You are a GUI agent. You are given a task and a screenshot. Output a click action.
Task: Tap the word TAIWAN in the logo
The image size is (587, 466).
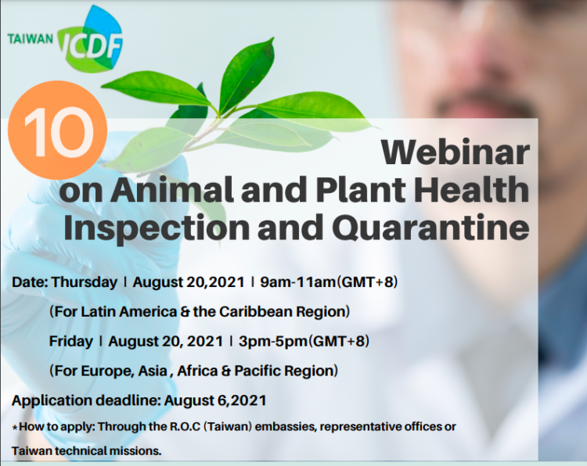pyautogui.click(x=31, y=38)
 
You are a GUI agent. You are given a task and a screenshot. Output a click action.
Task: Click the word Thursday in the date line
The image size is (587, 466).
pyautogui.click(x=84, y=282)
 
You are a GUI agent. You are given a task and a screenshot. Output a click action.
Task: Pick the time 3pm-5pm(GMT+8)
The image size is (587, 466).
pyautogui.click(x=303, y=341)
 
